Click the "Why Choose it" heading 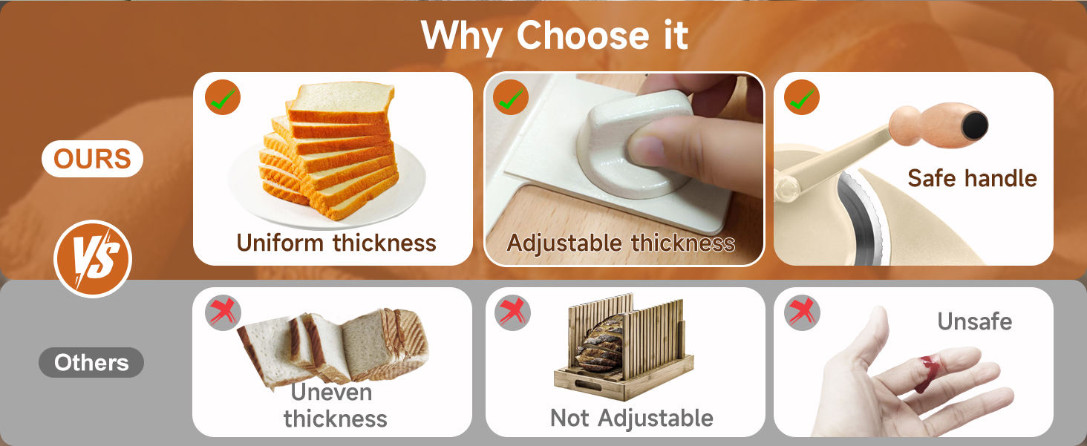(554, 36)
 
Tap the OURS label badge (92, 159)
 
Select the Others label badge (91, 362)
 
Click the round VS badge (93, 258)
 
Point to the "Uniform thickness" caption (336, 243)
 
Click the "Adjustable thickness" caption (621, 243)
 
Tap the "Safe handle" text (972, 178)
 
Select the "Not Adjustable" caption (631, 418)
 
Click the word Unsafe (974, 321)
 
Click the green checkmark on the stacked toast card (223, 97)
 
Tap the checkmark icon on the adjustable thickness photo (511, 97)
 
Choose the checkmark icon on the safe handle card (802, 97)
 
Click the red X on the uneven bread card (223, 312)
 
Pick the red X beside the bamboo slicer (512, 312)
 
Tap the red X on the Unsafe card (802, 312)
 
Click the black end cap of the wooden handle (974, 125)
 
